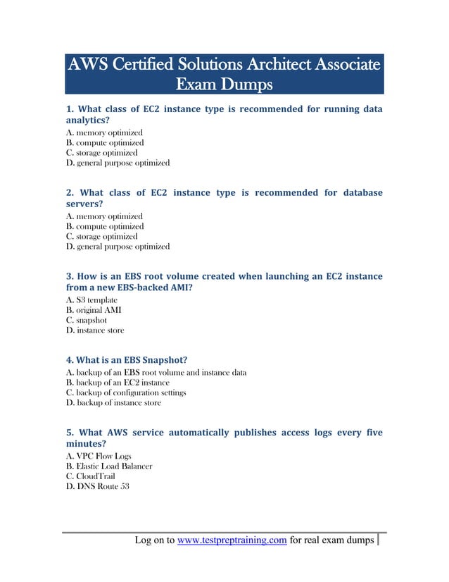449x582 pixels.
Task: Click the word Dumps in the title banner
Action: point(246,85)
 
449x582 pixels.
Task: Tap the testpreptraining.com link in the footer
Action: point(232,541)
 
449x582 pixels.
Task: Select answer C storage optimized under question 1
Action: point(102,153)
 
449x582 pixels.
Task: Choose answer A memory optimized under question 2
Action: point(104,216)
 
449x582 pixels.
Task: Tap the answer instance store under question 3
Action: point(95,330)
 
